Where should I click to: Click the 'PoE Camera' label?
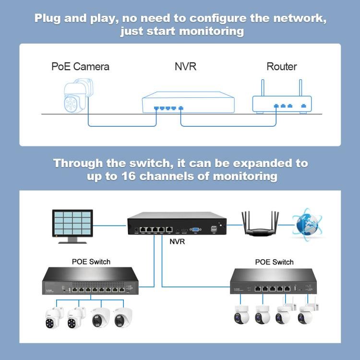[80, 66]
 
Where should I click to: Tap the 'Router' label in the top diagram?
[281, 66]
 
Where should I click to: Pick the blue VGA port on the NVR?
[195, 229]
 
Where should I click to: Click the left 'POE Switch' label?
[91, 262]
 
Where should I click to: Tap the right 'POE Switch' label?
[274, 262]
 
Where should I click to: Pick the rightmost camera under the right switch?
[303, 314]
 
